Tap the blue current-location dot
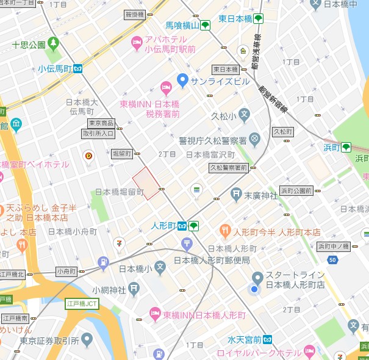point(254,289)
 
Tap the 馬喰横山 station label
point(182,26)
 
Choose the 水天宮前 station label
point(244,339)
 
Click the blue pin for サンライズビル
point(182,79)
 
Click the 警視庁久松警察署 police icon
point(254,140)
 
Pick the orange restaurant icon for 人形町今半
point(224,231)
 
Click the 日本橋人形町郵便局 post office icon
point(187,245)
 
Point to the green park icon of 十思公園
point(53,44)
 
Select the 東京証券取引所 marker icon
point(87,339)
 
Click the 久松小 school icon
point(244,113)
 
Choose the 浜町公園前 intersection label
point(296,190)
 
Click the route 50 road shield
point(332,260)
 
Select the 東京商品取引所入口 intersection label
point(98,128)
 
